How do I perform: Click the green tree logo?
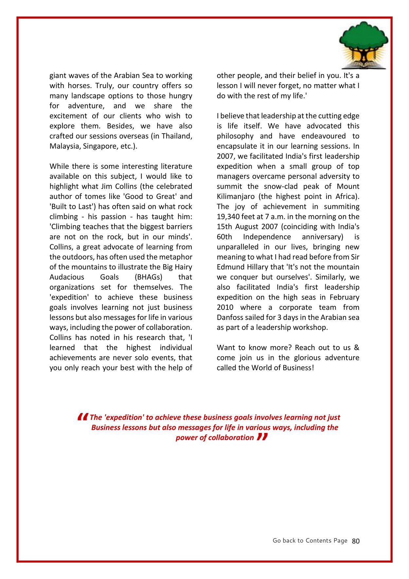[x=364, y=45]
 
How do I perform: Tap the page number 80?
[x=356, y=541]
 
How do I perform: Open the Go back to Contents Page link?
[x=310, y=541]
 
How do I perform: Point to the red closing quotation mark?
[x=262, y=437]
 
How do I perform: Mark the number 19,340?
[x=228, y=217]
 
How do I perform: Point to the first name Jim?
[x=133, y=187]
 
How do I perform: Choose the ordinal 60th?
[x=224, y=237]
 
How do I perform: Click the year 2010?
[x=225, y=308]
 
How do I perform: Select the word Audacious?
[x=67, y=277]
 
